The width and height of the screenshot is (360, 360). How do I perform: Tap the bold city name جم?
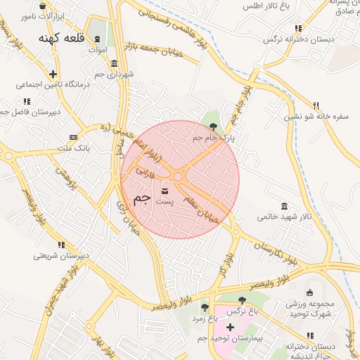[141, 198]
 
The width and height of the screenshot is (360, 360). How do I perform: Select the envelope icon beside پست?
[165, 191]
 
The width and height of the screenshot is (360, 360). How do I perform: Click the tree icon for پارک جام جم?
[214, 127]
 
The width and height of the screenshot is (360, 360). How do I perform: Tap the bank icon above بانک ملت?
[73, 137]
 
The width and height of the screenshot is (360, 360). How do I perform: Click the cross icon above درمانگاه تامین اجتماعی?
[53, 73]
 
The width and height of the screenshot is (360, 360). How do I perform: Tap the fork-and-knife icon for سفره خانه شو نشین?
[316, 105]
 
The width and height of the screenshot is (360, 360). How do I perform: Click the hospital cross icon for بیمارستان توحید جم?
[230, 328]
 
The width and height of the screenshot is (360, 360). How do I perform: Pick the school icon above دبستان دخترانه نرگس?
[299, 29]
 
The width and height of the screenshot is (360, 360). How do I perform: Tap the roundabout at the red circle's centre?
[179, 178]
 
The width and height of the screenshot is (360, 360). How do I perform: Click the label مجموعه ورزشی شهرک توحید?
[310, 309]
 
